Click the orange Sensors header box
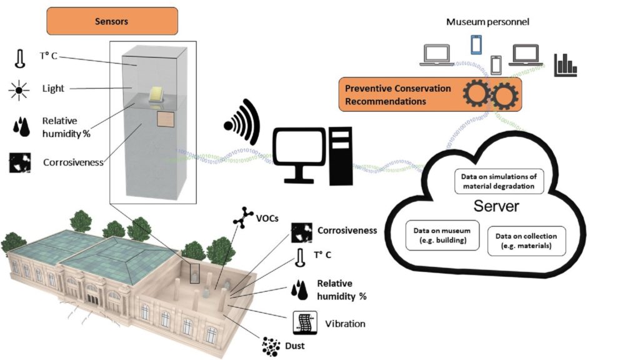(112, 21)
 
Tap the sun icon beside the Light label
(19, 90)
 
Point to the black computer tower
(341, 156)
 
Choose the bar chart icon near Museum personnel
(565, 65)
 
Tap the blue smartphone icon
(476, 44)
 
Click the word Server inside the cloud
(496, 206)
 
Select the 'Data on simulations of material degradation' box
(499, 181)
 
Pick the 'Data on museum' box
(442, 236)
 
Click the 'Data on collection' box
(526, 241)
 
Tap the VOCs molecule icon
(243, 217)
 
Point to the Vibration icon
(305, 323)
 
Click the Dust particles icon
(271, 346)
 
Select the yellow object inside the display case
(157, 94)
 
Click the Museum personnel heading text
(487, 22)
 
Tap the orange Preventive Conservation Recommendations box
(430, 95)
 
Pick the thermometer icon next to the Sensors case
(19, 58)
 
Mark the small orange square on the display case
(166, 119)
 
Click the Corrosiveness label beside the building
(347, 231)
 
